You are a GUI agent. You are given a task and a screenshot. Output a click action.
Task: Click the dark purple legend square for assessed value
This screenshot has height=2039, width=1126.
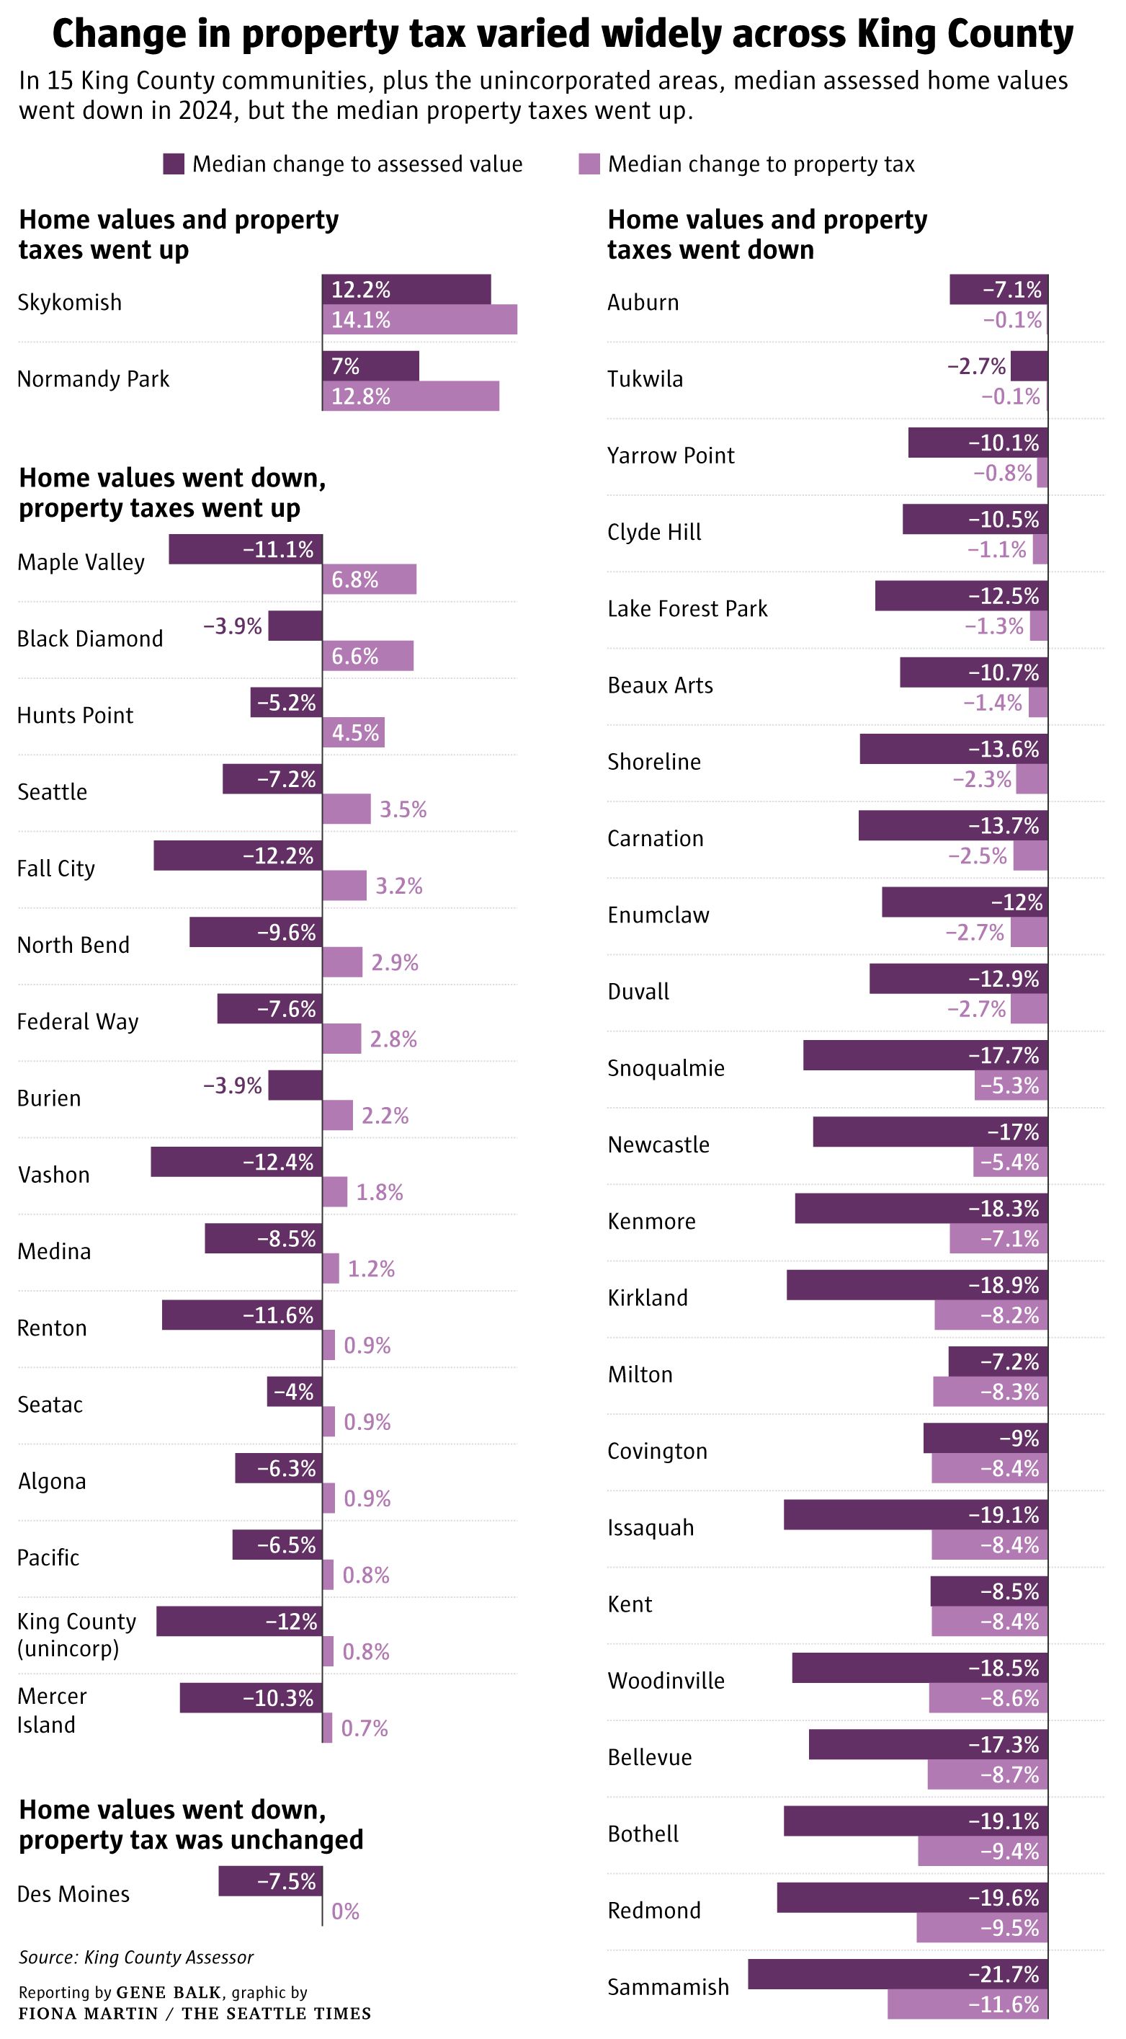[174, 164]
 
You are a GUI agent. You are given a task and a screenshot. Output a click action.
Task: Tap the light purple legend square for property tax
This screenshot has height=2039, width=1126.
[589, 164]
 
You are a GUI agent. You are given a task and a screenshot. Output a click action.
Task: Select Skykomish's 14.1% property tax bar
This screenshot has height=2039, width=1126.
[419, 320]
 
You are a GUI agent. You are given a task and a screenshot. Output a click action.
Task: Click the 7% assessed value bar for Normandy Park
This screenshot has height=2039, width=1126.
[370, 365]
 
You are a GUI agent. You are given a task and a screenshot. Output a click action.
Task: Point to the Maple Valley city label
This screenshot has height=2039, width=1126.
[81, 562]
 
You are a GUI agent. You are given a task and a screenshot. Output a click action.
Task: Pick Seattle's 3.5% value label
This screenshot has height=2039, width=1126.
[403, 809]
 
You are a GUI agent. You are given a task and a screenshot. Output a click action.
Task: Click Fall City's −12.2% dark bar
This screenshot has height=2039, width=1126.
[238, 856]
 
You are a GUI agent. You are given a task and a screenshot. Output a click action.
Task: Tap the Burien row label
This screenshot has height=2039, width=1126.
[49, 1098]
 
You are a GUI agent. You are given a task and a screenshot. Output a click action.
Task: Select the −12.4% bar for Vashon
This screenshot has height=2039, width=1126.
[236, 1162]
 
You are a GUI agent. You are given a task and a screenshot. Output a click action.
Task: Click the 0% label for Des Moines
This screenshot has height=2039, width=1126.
[345, 1911]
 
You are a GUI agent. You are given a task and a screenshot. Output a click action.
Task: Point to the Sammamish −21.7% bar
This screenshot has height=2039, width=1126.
[898, 1975]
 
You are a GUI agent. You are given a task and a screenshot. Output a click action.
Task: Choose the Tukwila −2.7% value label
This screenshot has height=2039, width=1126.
[976, 365]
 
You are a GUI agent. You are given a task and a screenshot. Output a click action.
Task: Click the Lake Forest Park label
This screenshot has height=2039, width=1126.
[687, 609]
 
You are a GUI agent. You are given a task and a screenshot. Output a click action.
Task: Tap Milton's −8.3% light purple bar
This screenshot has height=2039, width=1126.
[990, 1392]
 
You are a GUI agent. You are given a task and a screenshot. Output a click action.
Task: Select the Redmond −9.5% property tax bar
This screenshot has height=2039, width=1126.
[982, 1928]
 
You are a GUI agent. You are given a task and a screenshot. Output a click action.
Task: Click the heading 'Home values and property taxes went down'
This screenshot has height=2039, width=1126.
[766, 234]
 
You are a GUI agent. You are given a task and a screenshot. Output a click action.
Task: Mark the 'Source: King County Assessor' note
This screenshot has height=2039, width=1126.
[136, 1958]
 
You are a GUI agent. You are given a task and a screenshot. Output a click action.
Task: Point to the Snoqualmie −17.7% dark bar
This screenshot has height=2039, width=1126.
[925, 1055]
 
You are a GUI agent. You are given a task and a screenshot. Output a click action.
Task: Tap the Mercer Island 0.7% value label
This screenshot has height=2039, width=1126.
[364, 1728]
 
